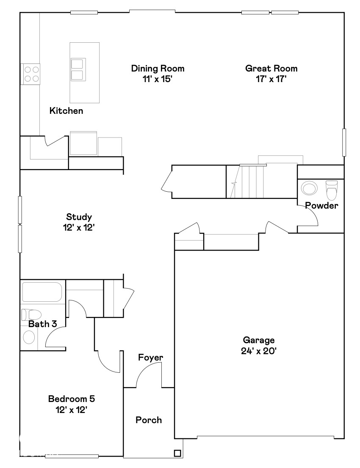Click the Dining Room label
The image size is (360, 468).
point(158,69)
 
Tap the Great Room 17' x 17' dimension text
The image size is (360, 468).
point(271,79)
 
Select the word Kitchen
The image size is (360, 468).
point(66,111)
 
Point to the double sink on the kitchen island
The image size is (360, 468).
point(78,69)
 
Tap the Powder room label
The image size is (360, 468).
point(322,206)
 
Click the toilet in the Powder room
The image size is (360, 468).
point(332,190)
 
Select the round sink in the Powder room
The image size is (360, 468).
point(309,188)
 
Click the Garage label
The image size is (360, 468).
point(259,340)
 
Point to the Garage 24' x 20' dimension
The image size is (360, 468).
point(259,350)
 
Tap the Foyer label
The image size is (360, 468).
point(150,358)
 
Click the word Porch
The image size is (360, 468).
point(149,420)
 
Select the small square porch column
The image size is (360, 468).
point(177,453)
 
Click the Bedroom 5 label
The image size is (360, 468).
point(71,399)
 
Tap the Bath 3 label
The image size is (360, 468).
point(42,324)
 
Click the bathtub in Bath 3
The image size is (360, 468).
point(42,292)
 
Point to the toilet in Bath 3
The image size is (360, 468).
point(31,314)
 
